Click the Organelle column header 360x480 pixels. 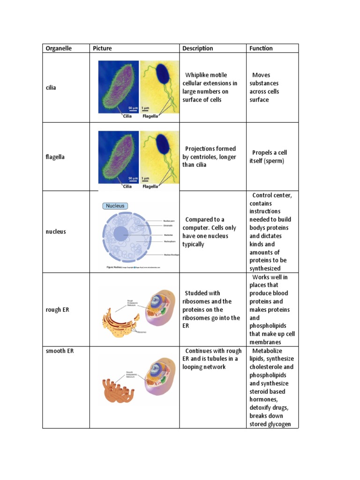(59, 48)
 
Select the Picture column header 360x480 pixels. (102, 48)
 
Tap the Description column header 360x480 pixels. (197, 48)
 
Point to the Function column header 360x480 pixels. (261, 48)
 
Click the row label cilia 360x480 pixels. (51, 88)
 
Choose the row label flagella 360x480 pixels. (55, 157)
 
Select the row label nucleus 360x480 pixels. (56, 232)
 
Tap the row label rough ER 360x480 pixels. (57, 309)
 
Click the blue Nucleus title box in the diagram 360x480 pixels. (115, 206)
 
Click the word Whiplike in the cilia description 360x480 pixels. (199, 75)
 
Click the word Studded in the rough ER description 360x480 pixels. (196, 293)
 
